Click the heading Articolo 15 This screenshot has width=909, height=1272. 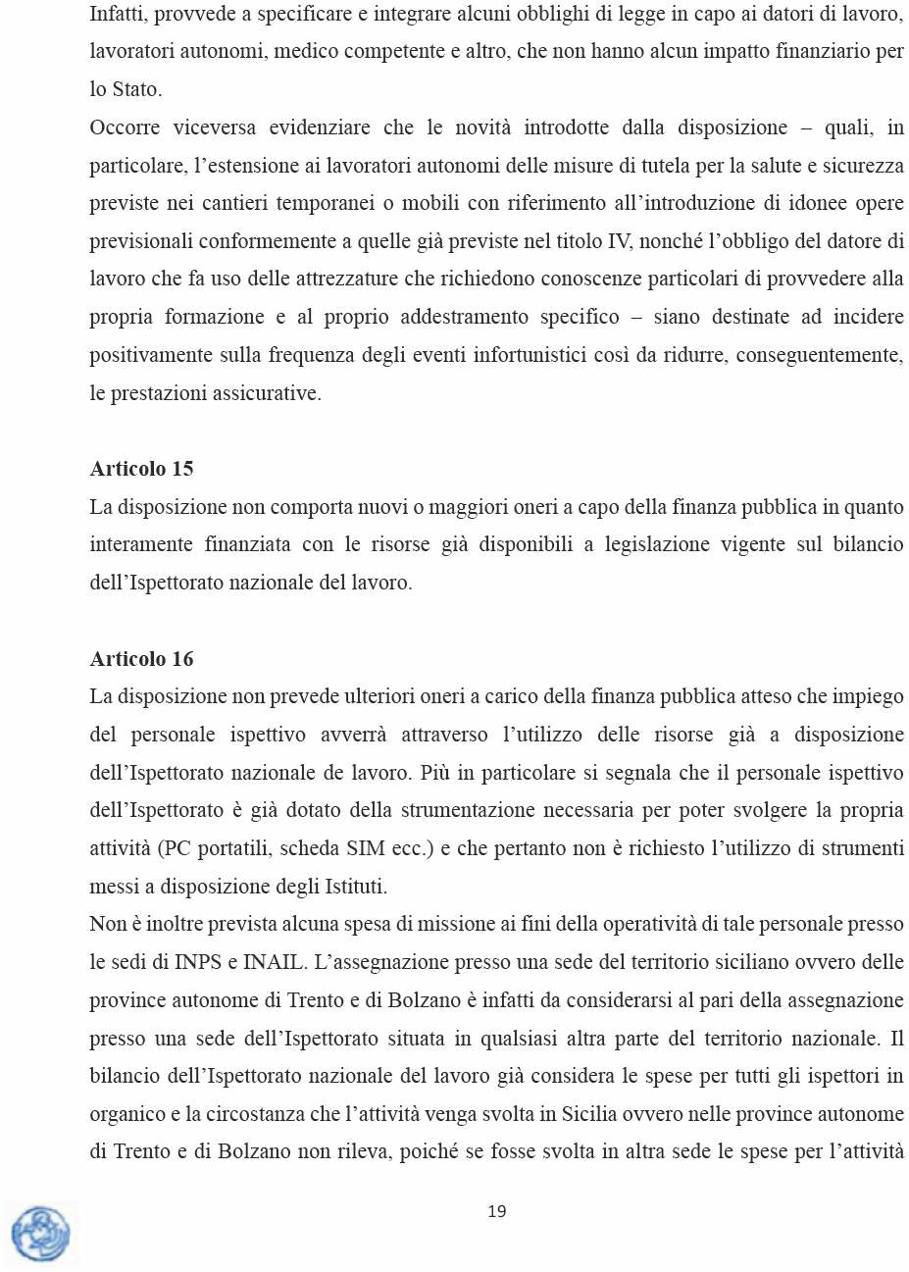pos(141,469)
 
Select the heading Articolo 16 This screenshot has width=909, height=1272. pos(141,659)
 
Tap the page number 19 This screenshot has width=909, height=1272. pos(497,1211)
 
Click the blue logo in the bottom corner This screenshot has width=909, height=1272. pos(40,1234)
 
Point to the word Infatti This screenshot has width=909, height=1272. pos(116,14)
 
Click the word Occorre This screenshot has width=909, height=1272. pos(125,127)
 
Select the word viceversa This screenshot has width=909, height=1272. pos(215,127)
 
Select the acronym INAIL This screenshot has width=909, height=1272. pos(274,962)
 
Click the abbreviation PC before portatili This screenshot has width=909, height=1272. pos(176,848)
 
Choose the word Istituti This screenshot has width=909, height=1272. pos(356,887)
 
